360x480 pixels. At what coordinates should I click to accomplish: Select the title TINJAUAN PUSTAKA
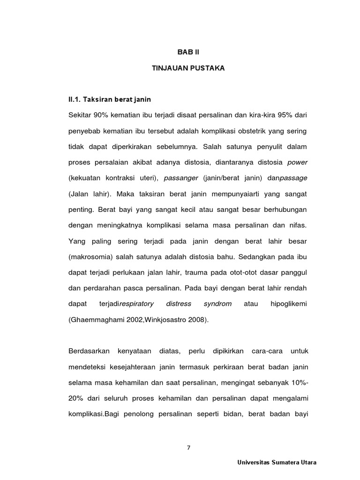coord(188,68)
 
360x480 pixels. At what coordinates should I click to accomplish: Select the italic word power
coord(297,162)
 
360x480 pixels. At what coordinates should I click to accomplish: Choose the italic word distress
coord(179,304)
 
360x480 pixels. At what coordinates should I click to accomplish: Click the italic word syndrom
coord(217,304)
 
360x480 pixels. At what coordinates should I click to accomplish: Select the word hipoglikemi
coord(288,304)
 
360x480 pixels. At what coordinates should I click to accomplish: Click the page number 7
coord(188,447)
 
